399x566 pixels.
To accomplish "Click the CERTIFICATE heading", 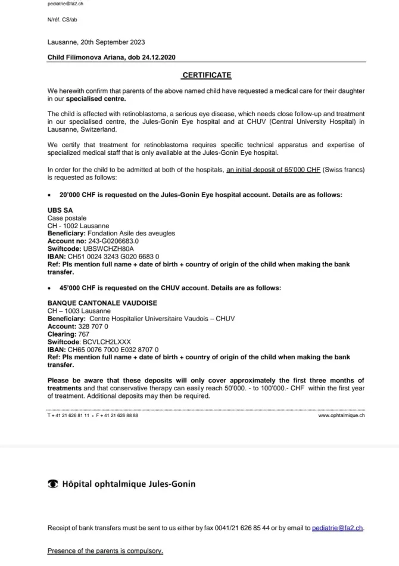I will [x=207, y=76].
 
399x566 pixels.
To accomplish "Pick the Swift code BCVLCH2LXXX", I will [x=107, y=342].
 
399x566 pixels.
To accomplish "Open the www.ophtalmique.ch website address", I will [x=342, y=415].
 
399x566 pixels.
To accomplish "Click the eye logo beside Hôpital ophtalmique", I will [x=52, y=484].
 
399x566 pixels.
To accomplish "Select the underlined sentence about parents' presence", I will [x=105, y=551].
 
